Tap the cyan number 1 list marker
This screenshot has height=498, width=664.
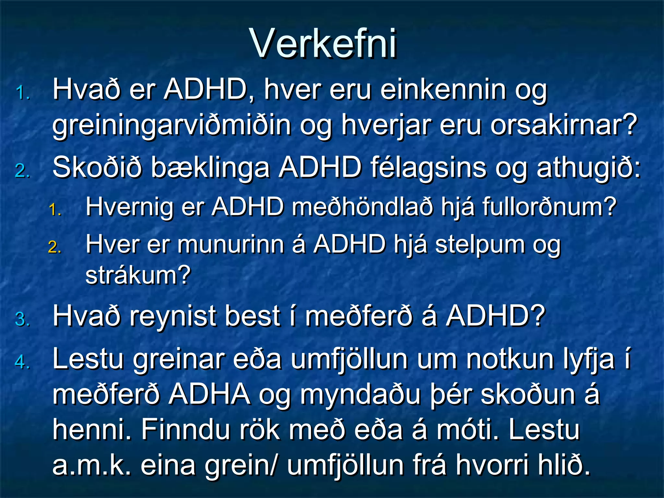click(23, 93)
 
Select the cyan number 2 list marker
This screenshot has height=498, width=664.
click(23, 171)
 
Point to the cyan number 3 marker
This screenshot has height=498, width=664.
click(23, 319)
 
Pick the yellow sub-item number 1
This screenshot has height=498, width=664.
click(55, 210)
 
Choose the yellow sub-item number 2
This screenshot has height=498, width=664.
click(55, 247)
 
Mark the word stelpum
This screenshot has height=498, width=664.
click(480, 245)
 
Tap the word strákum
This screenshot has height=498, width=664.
click(138, 275)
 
